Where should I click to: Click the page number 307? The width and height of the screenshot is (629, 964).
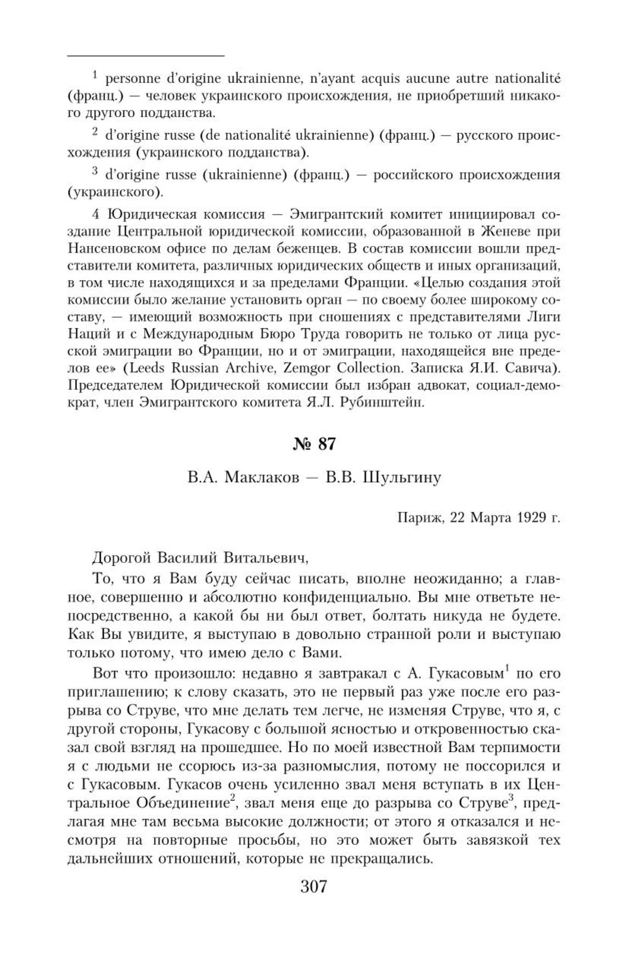pyautogui.click(x=314, y=885)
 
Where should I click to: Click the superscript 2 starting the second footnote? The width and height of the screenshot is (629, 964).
pyautogui.click(x=94, y=132)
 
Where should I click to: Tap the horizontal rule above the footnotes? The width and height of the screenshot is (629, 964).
pyautogui.click(x=146, y=56)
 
